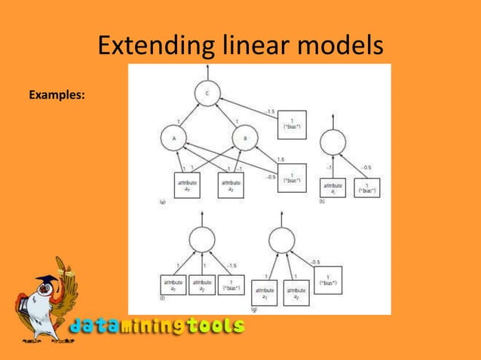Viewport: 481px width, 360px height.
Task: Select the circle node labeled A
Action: point(173,138)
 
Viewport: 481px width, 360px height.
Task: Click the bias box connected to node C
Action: point(290,124)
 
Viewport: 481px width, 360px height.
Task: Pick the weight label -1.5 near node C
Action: point(270,111)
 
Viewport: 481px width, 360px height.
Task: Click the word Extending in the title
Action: point(148,47)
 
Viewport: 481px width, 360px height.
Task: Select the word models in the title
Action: point(342,47)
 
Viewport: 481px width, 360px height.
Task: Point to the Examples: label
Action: point(57,96)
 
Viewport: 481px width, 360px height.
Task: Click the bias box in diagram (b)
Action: point(367,189)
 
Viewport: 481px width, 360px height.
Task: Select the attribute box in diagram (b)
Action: point(332,189)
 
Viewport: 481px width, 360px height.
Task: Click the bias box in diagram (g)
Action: point(327,278)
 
